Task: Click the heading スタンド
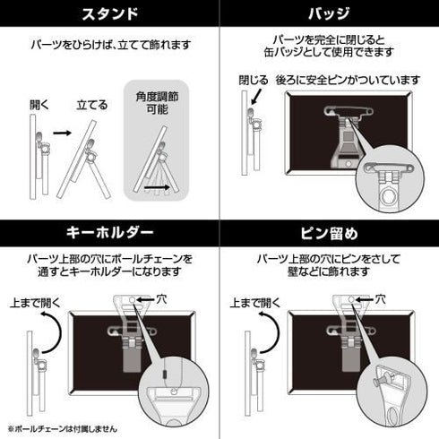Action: [109, 14]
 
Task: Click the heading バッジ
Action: [329, 14]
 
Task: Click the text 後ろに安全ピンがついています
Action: [354, 81]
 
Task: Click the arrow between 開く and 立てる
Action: [61, 133]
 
